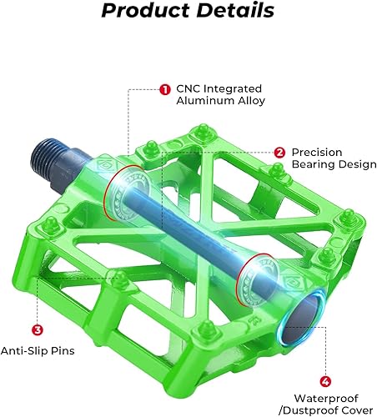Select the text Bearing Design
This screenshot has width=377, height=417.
333,165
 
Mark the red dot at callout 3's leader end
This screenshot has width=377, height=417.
103,279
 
